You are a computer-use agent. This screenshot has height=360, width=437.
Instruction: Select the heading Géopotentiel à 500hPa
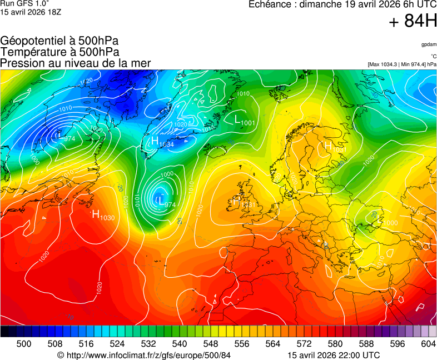coord(59,41)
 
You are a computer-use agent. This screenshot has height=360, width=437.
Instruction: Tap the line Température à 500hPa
coord(59,52)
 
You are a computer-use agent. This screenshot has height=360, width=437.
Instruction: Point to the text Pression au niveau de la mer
coord(76,63)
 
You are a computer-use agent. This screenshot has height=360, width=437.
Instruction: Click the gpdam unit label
coord(428,44)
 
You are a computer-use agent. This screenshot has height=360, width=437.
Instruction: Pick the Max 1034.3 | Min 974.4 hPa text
coord(402,64)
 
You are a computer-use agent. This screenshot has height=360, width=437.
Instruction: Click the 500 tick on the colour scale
coord(24,344)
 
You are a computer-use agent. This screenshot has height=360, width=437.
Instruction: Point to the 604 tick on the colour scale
coord(428,344)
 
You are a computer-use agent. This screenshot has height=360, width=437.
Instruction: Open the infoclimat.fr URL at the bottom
coord(143,355)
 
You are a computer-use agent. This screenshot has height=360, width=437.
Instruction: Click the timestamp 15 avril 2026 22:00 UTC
coord(334,355)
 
